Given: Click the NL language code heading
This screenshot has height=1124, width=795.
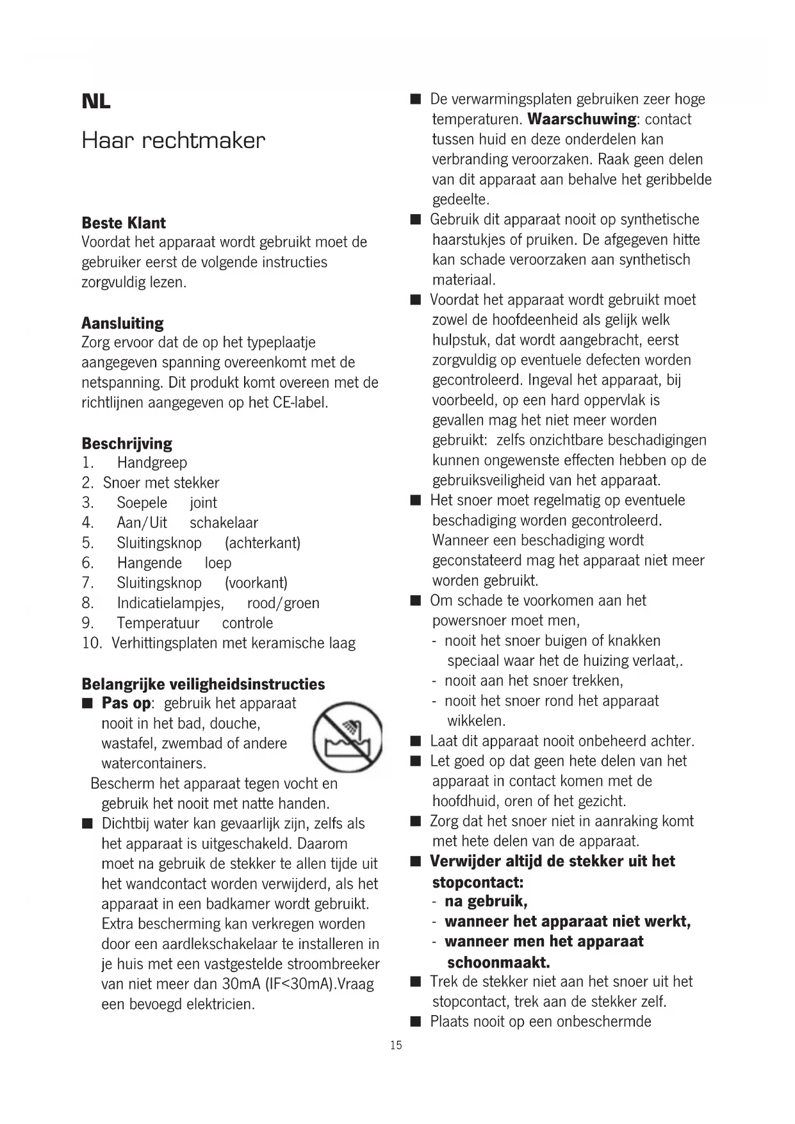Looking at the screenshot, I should pos(96,101).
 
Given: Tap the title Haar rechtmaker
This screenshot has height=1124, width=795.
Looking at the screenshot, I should pos(173,140).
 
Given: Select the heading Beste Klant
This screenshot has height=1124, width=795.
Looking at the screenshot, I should pos(124,223).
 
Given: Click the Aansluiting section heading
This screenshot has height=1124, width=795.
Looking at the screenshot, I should pos(122,323).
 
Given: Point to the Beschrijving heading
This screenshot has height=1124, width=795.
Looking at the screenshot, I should pos(127,443).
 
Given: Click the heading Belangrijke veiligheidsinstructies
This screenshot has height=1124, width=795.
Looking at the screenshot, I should pos(203,684).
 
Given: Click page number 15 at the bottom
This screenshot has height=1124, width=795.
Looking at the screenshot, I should pos(396,1045).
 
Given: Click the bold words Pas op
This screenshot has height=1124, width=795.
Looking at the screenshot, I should pos(126,704).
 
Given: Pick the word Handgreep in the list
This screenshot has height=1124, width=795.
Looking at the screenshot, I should pos(152,463).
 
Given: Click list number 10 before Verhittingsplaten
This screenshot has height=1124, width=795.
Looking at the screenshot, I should pos(92,643).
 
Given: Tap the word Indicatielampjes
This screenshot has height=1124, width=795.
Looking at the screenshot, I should pos(170,603).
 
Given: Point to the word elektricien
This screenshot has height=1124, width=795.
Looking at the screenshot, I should pos(220,1004).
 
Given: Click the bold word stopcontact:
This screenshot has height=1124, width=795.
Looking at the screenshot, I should pos(478,882).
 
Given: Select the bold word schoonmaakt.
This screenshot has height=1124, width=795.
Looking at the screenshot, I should pos(498,963).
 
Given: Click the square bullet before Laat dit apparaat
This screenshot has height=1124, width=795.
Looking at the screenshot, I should pos(416,742).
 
